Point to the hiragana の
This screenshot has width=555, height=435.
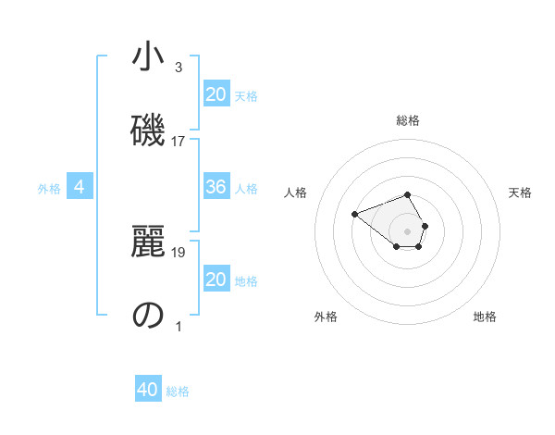[148, 315]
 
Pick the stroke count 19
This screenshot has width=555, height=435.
[179, 251]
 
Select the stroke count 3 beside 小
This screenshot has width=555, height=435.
[179, 67]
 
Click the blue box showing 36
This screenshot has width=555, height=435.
[216, 187]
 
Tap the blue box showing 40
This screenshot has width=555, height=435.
[148, 390]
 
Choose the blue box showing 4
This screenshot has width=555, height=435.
[80, 188]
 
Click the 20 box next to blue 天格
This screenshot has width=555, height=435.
[216, 93]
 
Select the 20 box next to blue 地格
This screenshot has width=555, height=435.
[216, 280]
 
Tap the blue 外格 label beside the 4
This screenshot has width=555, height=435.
[49, 189]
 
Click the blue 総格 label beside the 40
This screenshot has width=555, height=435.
[178, 391]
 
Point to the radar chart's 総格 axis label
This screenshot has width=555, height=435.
[408, 120]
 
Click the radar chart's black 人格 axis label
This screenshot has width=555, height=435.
[296, 193]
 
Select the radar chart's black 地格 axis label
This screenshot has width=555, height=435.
[485, 317]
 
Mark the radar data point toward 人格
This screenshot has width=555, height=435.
[354, 215]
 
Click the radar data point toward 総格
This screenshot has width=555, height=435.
[408, 194]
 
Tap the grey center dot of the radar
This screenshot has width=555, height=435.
[408, 230]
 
